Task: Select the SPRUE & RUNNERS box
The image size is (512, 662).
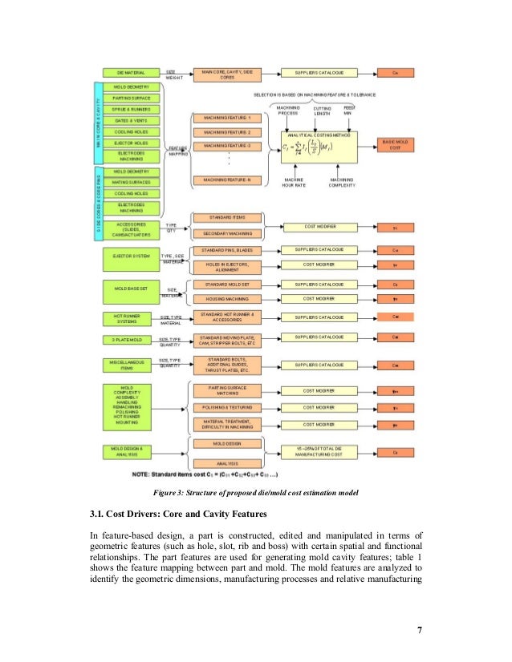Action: click(131, 109)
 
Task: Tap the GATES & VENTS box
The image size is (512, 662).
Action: click(131, 120)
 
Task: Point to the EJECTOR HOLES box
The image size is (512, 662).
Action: click(131, 143)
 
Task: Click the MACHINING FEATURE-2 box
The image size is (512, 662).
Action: click(228, 131)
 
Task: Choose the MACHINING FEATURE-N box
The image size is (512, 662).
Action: click(228, 180)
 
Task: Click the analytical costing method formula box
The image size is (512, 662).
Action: click(317, 147)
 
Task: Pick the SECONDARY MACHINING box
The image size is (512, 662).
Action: click(228, 233)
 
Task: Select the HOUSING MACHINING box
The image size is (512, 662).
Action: click(228, 299)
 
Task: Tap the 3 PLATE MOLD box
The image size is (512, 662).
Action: click(131, 340)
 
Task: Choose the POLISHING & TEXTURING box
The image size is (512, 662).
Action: click(228, 408)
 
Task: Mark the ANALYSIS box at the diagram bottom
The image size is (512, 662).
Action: click(228, 463)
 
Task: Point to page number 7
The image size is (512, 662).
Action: click(419, 628)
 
